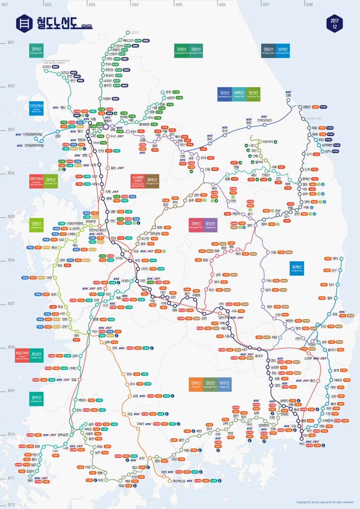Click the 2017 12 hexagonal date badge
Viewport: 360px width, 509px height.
[x=335, y=24]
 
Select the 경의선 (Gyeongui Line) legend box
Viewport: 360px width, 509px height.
[x=36, y=50]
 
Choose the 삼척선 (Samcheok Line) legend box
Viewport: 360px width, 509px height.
[x=283, y=50]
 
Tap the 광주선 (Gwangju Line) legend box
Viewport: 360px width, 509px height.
[x=37, y=399]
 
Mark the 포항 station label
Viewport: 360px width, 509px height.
[x=334, y=314]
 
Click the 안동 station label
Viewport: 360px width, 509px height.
[x=274, y=252]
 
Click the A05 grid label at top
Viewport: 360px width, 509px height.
[x=179, y=4]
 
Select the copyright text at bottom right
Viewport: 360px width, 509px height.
[x=325, y=502]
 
